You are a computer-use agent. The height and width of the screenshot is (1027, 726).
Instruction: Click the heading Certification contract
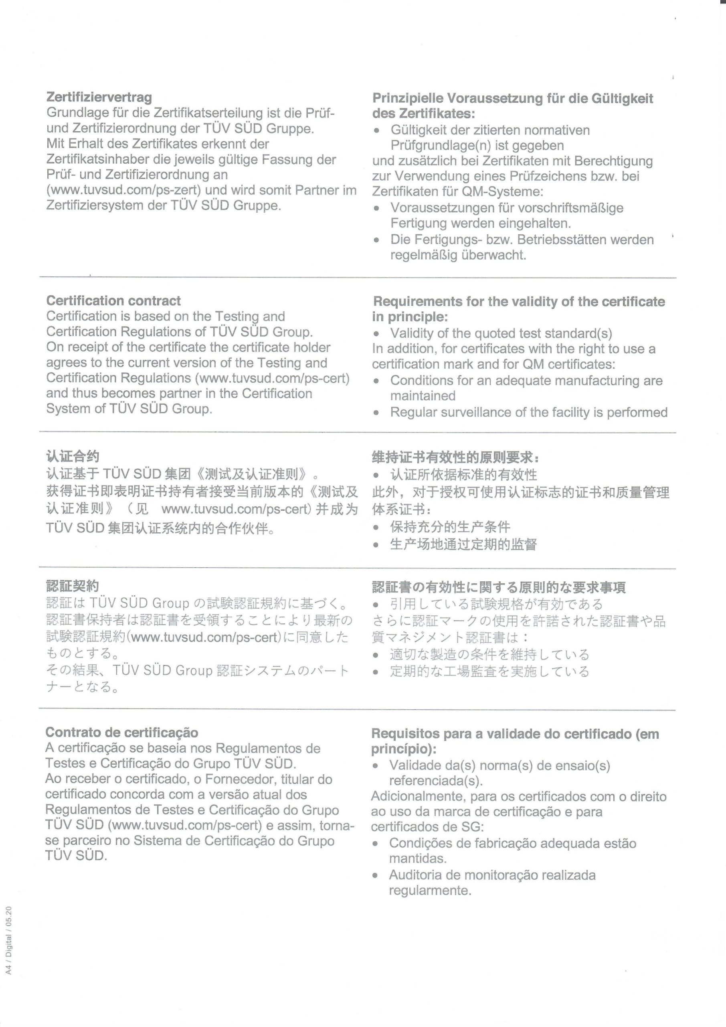(x=113, y=300)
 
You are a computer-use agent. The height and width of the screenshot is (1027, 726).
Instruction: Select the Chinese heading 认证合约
(x=73, y=456)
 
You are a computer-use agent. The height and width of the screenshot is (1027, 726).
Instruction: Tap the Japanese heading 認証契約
(x=73, y=586)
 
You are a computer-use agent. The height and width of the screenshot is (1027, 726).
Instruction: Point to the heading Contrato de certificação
(x=121, y=733)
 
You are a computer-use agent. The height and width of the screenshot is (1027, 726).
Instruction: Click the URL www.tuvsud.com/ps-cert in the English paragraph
(x=272, y=378)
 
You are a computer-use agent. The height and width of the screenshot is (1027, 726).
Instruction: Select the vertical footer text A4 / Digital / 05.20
(x=9, y=939)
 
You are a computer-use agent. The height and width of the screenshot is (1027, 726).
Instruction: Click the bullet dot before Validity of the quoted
(x=377, y=334)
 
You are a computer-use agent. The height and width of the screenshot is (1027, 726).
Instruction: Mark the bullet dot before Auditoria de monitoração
(x=376, y=876)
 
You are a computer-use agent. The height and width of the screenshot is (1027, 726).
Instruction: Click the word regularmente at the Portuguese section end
(x=430, y=891)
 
